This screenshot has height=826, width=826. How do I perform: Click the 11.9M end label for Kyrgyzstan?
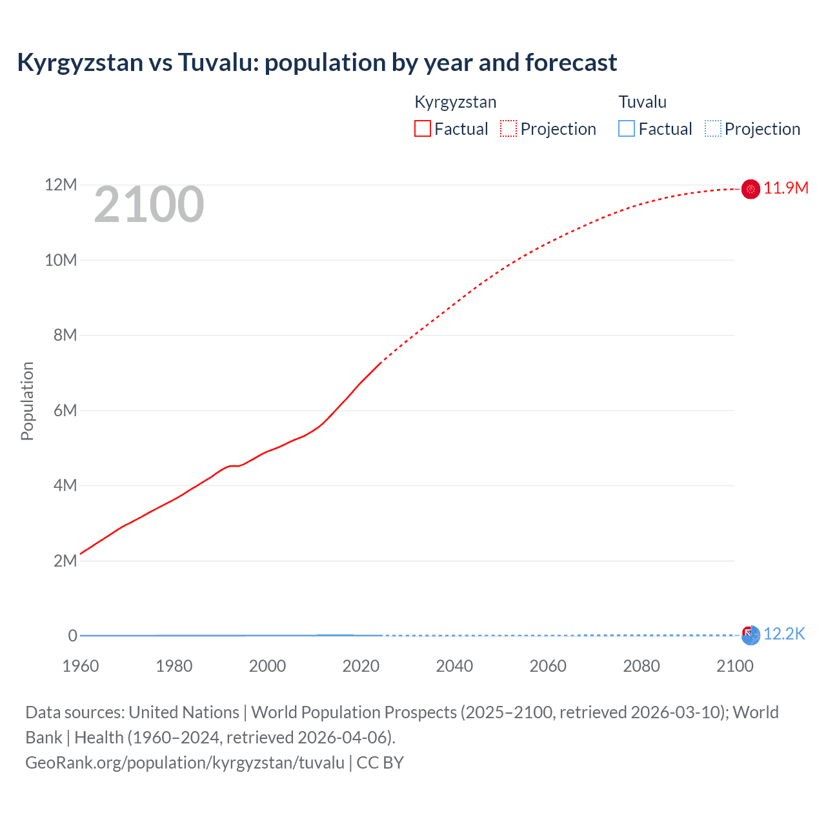(785, 188)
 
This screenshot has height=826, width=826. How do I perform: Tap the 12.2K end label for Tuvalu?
(784, 634)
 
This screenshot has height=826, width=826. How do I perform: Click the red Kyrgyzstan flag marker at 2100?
(750, 188)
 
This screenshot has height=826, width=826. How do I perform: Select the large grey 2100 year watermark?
(149, 205)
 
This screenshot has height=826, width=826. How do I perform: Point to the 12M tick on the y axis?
(61, 185)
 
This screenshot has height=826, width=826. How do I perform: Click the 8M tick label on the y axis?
(65, 335)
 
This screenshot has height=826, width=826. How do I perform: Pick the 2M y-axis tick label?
(65, 561)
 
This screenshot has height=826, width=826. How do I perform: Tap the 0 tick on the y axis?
(72, 636)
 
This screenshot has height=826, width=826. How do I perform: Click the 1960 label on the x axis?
(81, 666)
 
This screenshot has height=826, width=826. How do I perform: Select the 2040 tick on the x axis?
(454, 666)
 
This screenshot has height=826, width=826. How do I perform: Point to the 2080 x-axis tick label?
(641, 666)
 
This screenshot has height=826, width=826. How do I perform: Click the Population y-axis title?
(27, 401)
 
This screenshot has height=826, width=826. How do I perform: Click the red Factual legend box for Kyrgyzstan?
(422, 128)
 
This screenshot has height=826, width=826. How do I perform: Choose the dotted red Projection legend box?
(509, 128)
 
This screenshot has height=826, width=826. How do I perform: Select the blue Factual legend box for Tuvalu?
(626, 128)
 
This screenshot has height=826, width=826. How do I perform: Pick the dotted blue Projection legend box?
(712, 128)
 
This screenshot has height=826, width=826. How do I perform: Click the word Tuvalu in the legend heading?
(642, 102)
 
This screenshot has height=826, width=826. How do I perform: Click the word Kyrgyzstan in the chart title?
(80, 63)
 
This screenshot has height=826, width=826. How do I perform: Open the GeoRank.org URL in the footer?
(185, 763)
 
